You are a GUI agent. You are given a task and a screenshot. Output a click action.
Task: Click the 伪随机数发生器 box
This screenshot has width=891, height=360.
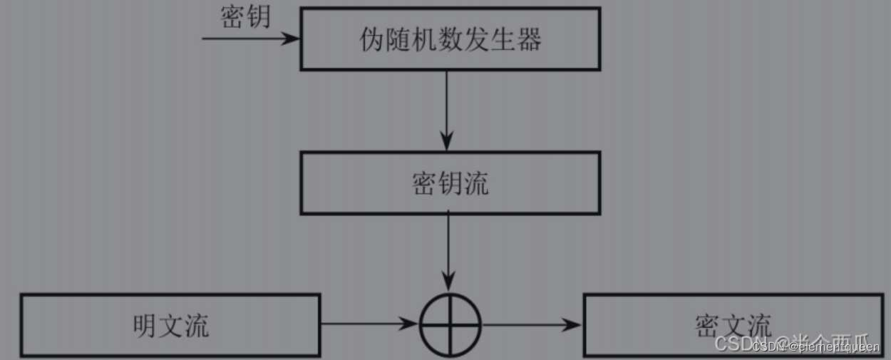pos(450,39)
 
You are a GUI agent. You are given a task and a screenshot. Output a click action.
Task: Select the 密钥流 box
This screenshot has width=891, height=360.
pos(450,183)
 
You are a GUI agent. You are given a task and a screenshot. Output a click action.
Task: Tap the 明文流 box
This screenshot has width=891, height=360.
pos(171,325)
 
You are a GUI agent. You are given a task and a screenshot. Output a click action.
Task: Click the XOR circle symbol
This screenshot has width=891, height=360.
pos(450,324)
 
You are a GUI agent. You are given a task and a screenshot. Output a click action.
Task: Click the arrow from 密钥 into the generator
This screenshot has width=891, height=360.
pos(249,38)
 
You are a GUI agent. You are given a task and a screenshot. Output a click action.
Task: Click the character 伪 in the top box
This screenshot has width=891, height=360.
pos(373,40)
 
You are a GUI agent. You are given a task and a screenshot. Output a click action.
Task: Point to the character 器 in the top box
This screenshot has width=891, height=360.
pos(528,40)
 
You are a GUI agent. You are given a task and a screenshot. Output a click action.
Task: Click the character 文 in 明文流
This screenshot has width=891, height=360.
pos(171,326)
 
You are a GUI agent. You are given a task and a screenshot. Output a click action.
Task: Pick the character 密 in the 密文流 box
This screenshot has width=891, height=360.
pos(706,326)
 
